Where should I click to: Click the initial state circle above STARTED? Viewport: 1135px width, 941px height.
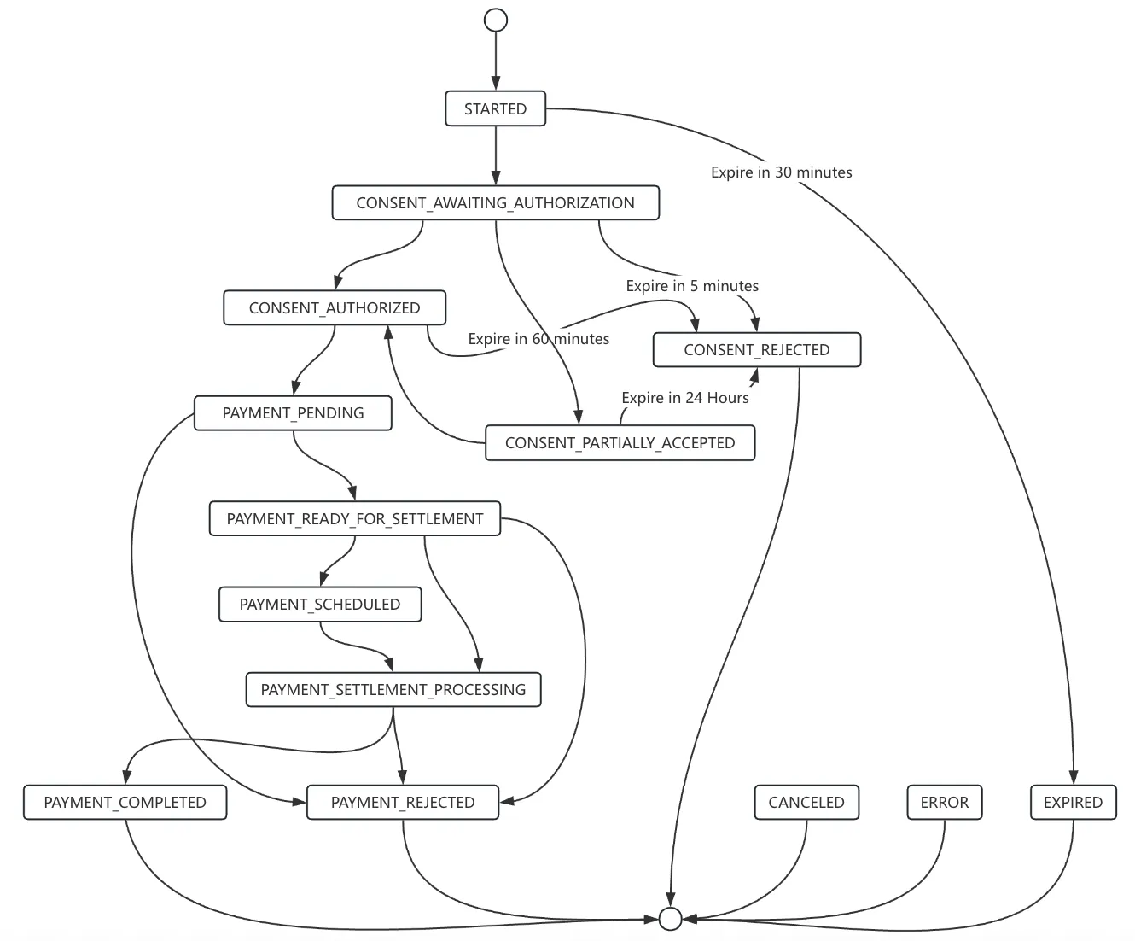(x=495, y=20)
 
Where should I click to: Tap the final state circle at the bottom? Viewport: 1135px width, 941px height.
(x=670, y=919)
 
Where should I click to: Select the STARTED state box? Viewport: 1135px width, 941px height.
(x=495, y=108)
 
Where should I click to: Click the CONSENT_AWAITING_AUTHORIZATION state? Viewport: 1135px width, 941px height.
(x=495, y=203)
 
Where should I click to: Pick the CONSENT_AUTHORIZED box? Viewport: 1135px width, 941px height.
(x=335, y=308)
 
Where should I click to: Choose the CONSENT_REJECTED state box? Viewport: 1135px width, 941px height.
(x=757, y=350)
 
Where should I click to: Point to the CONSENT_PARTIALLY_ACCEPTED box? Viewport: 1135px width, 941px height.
(x=620, y=443)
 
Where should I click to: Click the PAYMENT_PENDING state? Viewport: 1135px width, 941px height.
(x=293, y=412)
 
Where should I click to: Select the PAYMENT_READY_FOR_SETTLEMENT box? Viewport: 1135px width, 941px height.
(x=354, y=518)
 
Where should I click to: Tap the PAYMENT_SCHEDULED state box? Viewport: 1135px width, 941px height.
(x=320, y=604)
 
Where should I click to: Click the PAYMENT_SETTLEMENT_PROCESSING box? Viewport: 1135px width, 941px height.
(x=393, y=689)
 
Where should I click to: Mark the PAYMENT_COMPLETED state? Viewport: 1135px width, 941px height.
(x=125, y=802)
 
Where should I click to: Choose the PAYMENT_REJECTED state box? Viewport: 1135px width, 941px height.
(x=402, y=802)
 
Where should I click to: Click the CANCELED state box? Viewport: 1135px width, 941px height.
(x=806, y=802)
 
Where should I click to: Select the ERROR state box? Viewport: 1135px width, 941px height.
(x=944, y=802)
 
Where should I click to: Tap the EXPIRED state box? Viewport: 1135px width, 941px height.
(x=1073, y=802)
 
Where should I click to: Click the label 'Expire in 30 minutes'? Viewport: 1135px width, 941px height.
(x=781, y=172)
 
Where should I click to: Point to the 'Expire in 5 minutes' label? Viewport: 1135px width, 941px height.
(x=692, y=286)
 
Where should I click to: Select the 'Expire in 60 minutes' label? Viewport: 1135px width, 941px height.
(x=538, y=339)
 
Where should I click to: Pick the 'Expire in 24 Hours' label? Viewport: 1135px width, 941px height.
(x=685, y=398)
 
